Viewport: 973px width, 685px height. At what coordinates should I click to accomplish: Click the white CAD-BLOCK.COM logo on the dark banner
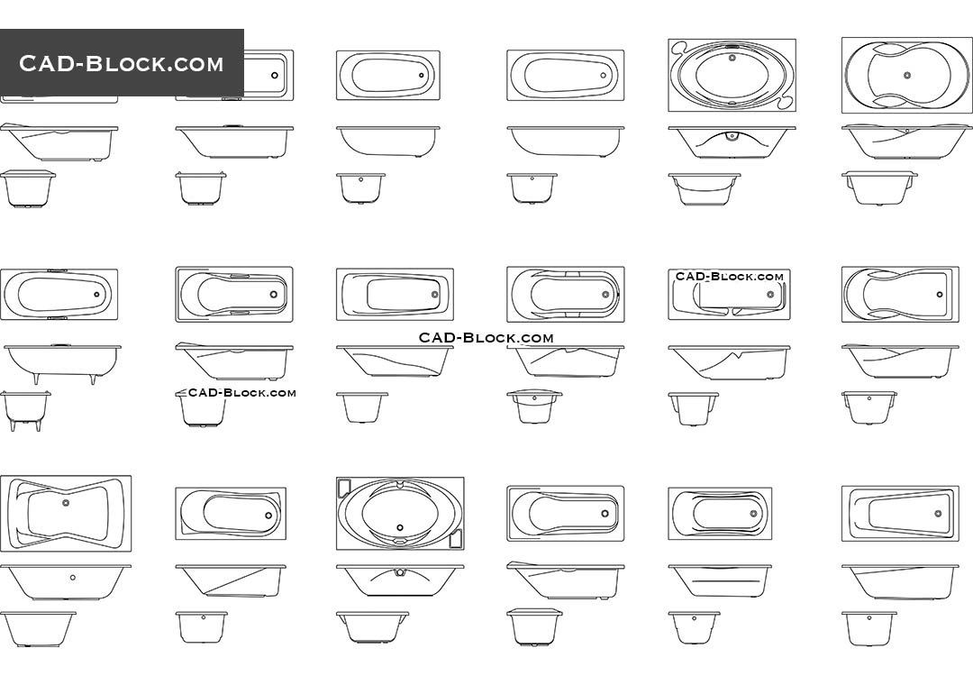pos(122,63)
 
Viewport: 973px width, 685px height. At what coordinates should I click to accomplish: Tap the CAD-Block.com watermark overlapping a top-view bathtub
pos(730,277)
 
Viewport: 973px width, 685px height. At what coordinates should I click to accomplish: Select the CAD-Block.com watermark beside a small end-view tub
pos(241,392)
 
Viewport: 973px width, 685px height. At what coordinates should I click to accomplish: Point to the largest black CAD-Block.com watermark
pos(486,338)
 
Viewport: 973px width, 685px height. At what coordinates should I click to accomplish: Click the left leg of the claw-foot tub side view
pos(37,379)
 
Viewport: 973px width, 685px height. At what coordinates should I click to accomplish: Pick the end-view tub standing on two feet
pos(25,410)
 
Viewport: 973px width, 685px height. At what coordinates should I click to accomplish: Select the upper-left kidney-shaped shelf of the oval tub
pos(679,49)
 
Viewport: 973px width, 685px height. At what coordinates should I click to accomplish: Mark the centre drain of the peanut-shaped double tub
pos(906,75)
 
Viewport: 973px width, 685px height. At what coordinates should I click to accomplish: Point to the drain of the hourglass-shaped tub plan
pos(65,503)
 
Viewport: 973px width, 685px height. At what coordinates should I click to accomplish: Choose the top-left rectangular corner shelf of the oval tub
pos(343,488)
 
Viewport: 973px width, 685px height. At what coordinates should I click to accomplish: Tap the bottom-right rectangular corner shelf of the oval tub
pos(455,539)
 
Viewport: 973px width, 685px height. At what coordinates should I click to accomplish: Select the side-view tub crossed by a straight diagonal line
pos(230,582)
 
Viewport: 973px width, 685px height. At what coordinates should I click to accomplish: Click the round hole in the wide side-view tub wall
pos(73,577)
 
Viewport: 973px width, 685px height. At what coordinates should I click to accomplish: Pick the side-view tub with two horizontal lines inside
pos(720,581)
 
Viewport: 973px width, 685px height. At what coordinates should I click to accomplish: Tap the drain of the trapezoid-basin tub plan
pos(938,513)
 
